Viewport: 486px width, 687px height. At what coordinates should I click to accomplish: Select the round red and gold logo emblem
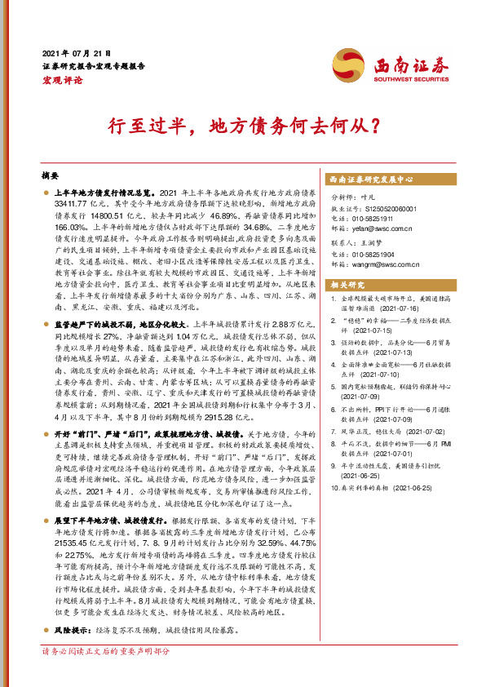click(x=347, y=65)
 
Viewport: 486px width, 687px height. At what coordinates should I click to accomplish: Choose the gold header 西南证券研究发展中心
click(x=373, y=179)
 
